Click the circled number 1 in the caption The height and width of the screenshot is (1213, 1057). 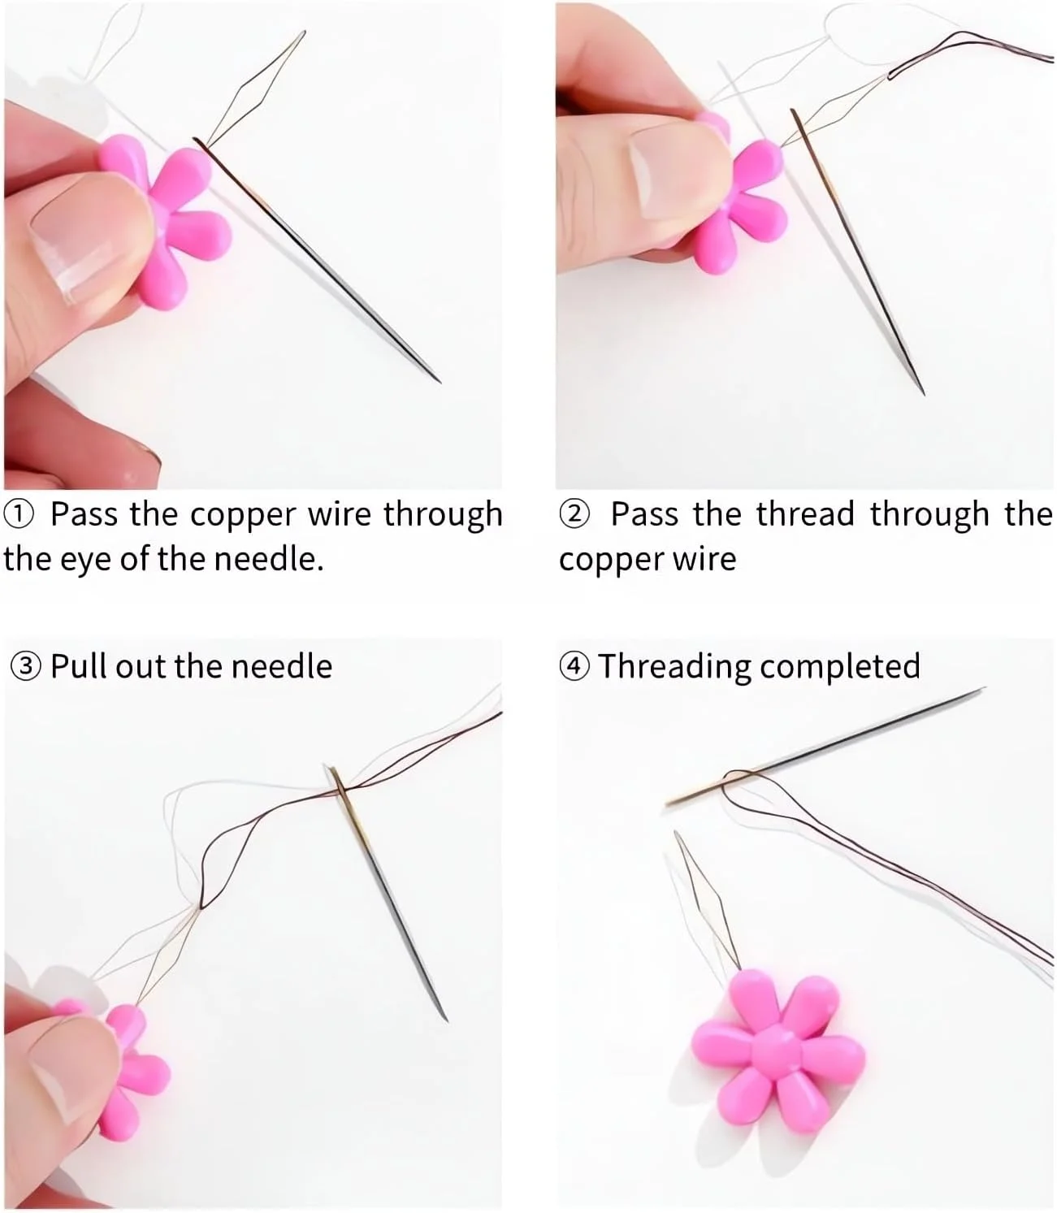click(19, 514)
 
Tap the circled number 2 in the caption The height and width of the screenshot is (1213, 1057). click(574, 514)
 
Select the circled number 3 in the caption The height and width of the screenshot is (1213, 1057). click(26, 666)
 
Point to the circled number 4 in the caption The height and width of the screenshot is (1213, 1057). click(574, 666)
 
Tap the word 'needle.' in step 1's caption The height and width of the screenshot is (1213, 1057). click(269, 559)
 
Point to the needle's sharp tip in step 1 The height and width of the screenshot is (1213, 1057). click(440, 383)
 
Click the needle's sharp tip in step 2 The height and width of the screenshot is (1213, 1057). click(924, 394)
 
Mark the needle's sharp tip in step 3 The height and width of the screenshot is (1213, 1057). click(446, 1021)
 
